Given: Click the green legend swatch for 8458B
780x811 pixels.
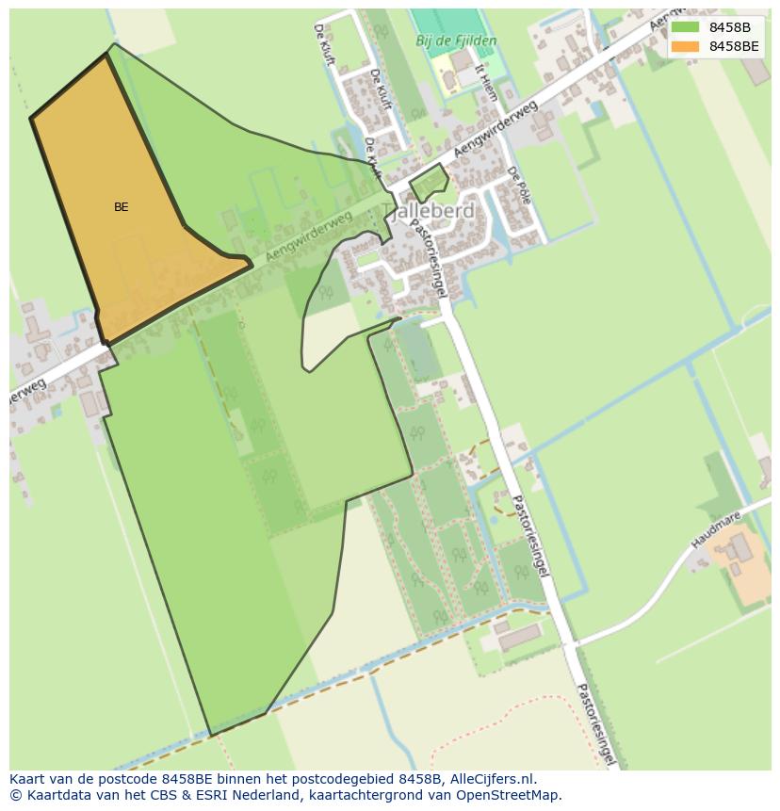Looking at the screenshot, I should (x=685, y=27).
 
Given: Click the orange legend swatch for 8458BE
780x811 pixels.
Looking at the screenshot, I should (x=685, y=46).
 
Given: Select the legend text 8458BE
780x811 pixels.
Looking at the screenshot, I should (x=734, y=46).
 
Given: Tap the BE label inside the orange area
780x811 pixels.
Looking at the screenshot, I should (x=122, y=207).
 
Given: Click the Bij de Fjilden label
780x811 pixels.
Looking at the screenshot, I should (x=456, y=41).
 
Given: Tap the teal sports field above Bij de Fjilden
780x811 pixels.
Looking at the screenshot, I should (x=454, y=21).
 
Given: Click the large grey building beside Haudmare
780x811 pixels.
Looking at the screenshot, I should (x=739, y=548).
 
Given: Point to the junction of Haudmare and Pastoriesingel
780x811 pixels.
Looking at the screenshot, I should (x=572, y=645).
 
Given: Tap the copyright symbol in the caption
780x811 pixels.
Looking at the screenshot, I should (x=15, y=795).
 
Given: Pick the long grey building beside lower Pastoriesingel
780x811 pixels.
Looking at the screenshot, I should (x=519, y=638).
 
